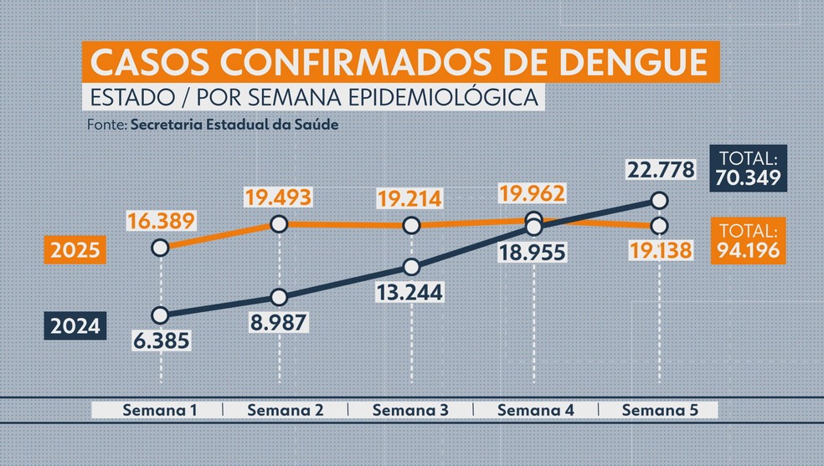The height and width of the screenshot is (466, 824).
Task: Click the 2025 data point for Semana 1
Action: pyautogui.click(x=161, y=248)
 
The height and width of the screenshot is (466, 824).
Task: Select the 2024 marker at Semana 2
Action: pyautogui.click(x=280, y=297)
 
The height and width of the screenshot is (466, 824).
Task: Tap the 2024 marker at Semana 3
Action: pyautogui.click(x=411, y=267)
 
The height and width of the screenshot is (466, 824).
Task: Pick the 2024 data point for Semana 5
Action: pyautogui.click(x=659, y=201)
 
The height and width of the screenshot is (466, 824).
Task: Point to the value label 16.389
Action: pyautogui.click(x=162, y=221)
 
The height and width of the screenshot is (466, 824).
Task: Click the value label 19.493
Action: pyautogui.click(x=279, y=197)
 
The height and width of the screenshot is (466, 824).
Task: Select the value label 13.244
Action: pyautogui.click(x=411, y=292)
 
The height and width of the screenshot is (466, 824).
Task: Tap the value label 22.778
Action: pyautogui.click(x=660, y=172)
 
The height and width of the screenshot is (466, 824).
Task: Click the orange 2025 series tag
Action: pyautogui.click(x=74, y=250)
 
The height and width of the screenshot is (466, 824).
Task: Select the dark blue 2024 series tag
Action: pyautogui.click(x=74, y=325)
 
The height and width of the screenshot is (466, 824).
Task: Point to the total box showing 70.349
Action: pyautogui.click(x=748, y=167)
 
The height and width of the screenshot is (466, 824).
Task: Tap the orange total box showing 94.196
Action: pyautogui.click(x=748, y=241)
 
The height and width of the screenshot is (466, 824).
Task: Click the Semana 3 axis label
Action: pyautogui.click(x=410, y=411)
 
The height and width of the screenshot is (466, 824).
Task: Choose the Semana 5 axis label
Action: pyautogui.click(x=659, y=411)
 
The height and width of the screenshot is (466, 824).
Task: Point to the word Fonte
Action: pyautogui.click(x=106, y=124)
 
